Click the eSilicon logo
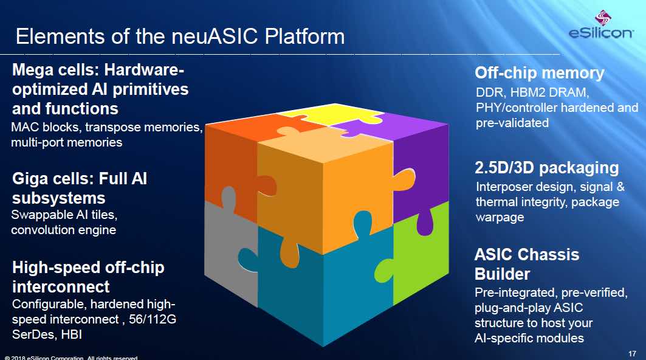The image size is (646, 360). [x=600, y=25]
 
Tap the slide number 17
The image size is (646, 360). [x=632, y=353]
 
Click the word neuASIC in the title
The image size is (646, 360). [x=216, y=36]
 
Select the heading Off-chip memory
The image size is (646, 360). [x=539, y=73]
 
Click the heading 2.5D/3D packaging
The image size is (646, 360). [x=547, y=168]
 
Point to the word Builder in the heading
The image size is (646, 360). [x=502, y=274]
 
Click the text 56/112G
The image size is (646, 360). [x=153, y=319]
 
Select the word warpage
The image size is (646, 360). [x=500, y=218]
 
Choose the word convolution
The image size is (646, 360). [x=40, y=230]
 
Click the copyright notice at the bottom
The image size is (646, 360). [x=71, y=358]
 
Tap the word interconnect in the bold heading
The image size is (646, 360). [x=61, y=287]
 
